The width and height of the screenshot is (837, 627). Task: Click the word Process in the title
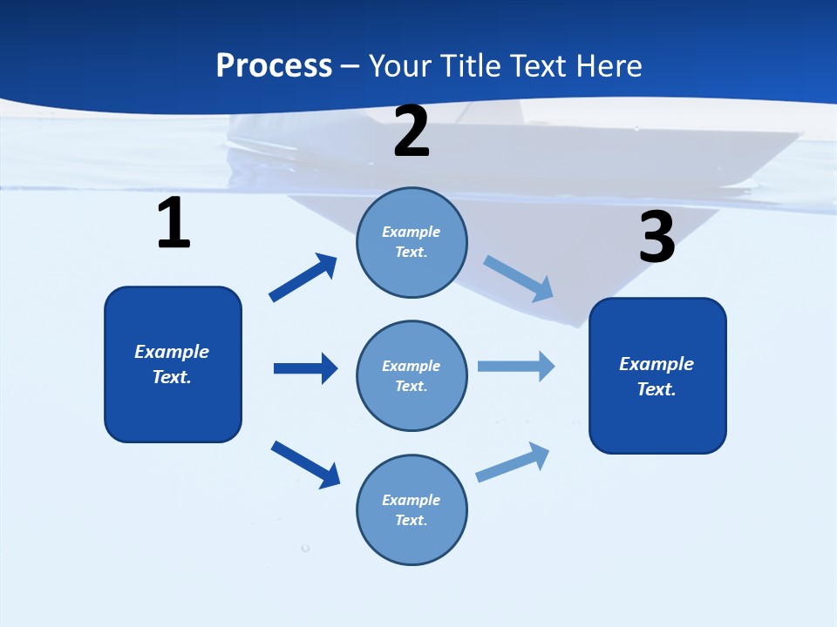point(274,65)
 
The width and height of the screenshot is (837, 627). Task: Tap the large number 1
point(173,223)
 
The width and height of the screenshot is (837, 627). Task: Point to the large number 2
point(412,131)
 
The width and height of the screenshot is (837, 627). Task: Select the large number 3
point(657,237)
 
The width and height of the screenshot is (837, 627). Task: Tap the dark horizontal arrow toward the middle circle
point(305,368)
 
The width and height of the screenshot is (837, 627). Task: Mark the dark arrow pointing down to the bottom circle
point(305,464)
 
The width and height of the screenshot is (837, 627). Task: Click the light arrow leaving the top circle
point(518,279)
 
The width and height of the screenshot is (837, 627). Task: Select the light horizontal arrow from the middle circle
point(515,366)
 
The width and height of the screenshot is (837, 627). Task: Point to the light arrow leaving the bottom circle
point(513,462)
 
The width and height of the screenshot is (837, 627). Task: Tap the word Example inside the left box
point(172,352)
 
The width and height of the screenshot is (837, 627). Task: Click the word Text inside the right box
point(656,389)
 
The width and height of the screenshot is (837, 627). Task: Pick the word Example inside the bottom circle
point(411,500)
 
